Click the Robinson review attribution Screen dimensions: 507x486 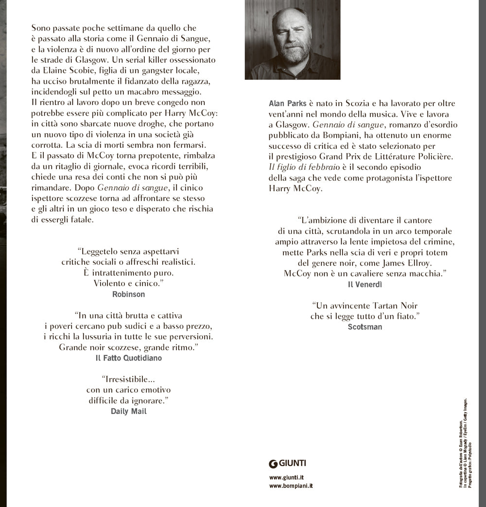coord(128,294)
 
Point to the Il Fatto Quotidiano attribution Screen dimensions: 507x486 coord(128,357)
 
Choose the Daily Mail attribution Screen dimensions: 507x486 coord(129,411)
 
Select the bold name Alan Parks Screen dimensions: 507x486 coord(286,103)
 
